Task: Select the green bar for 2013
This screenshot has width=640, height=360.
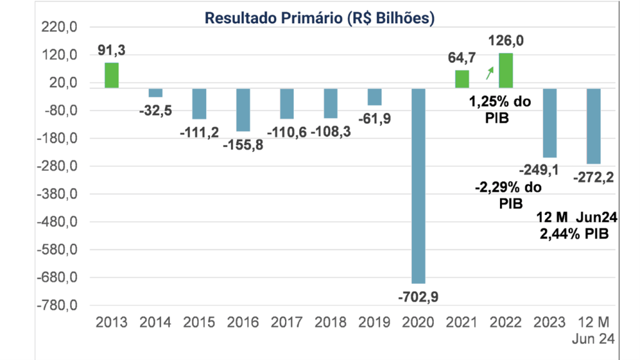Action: click(x=111, y=75)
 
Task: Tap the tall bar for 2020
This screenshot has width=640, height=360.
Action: click(x=418, y=186)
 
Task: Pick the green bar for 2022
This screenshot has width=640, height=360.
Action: click(x=506, y=71)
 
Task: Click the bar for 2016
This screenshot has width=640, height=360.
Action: click(x=243, y=109)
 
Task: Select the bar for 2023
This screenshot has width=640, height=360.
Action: click(x=549, y=122)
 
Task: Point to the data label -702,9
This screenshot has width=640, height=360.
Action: click(x=418, y=297)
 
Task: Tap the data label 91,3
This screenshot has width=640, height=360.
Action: click(x=111, y=51)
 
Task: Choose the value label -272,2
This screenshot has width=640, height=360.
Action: click(x=593, y=177)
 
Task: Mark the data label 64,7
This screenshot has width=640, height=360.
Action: click(x=462, y=58)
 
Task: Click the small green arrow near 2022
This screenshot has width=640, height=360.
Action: click(x=489, y=74)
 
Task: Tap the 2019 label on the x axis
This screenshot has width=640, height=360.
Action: click(x=374, y=323)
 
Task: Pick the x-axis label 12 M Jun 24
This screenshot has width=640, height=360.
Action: click(x=593, y=331)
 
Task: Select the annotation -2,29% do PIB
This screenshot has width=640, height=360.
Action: click(x=507, y=195)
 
